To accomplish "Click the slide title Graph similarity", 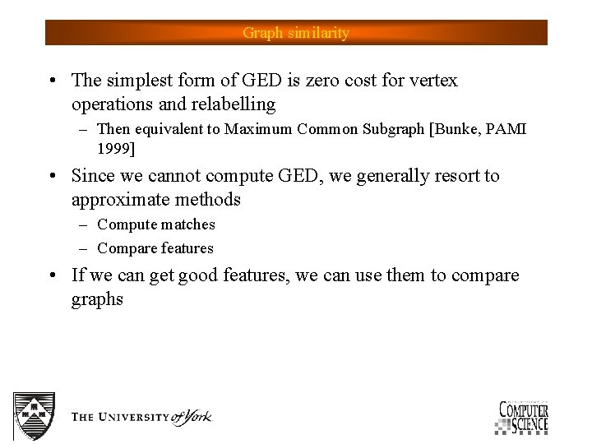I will tap(296, 33).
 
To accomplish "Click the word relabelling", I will tap(234, 104).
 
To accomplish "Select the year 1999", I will tap(114, 150).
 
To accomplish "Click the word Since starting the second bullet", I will tap(93, 176).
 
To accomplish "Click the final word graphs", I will tap(97, 299).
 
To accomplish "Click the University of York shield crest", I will tap(35, 415).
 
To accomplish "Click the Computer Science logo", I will tap(522, 417).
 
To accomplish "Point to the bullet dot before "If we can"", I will tap(52, 276).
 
